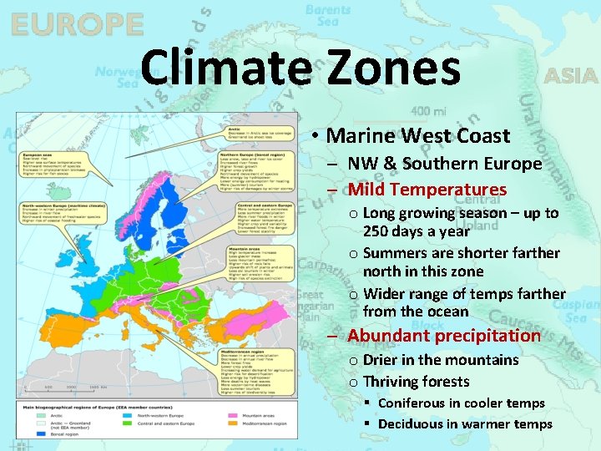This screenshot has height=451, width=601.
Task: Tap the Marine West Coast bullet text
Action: pos(418,135)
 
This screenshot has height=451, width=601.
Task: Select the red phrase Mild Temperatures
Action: pos(427,190)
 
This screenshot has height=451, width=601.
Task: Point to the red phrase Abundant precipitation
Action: pos(444,336)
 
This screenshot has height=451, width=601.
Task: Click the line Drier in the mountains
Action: pos(441,360)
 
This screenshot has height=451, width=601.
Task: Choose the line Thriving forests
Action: pos(417,382)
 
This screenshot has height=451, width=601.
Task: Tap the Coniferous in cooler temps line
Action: pos(461,403)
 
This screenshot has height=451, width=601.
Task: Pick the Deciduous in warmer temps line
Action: pos(465,424)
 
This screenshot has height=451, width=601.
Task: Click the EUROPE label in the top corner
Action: pos(77,24)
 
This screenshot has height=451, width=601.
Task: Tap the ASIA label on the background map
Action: pos(571,76)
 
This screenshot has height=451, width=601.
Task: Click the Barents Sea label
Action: pos(328,15)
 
